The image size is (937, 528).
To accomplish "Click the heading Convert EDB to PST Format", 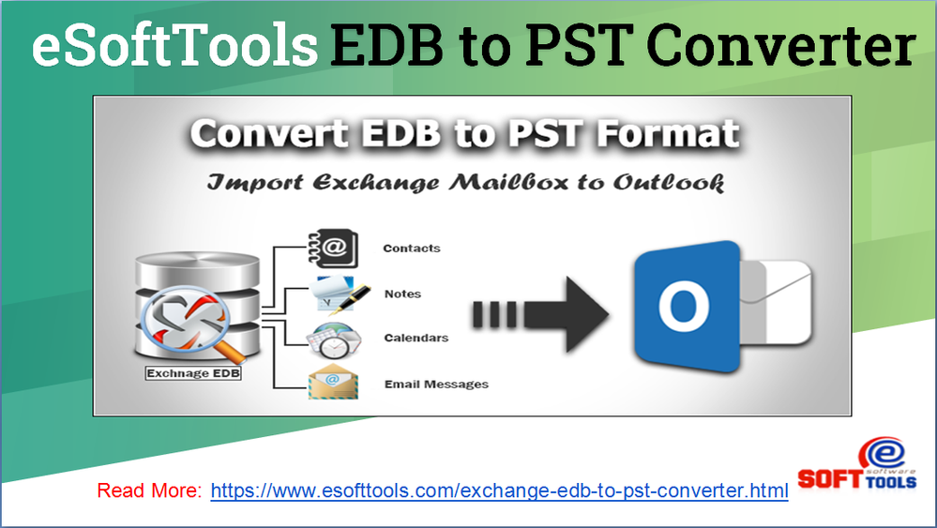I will click(464, 134).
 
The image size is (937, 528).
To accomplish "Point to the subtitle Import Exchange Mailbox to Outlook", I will click(465, 181).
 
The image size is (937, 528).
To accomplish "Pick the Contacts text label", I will click(411, 249).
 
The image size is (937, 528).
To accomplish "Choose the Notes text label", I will click(402, 294).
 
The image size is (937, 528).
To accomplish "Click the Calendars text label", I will click(416, 338).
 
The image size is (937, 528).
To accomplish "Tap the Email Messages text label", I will click(436, 384).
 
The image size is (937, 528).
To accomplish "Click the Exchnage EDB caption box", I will click(193, 373).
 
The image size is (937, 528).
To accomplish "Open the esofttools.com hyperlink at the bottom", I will click(499, 490).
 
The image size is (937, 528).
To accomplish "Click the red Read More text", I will click(149, 490).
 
